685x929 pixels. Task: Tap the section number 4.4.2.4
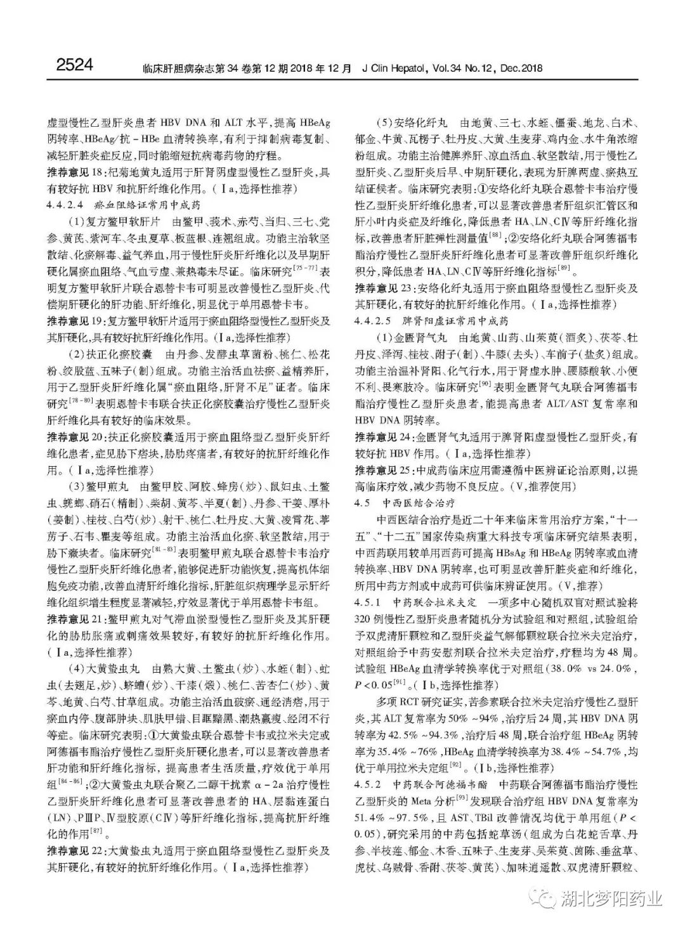pyautogui.click(x=65, y=205)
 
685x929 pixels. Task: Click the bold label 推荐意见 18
pyautogui.click(x=74, y=172)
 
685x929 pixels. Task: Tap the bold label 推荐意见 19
pyautogui.click(x=74, y=320)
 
